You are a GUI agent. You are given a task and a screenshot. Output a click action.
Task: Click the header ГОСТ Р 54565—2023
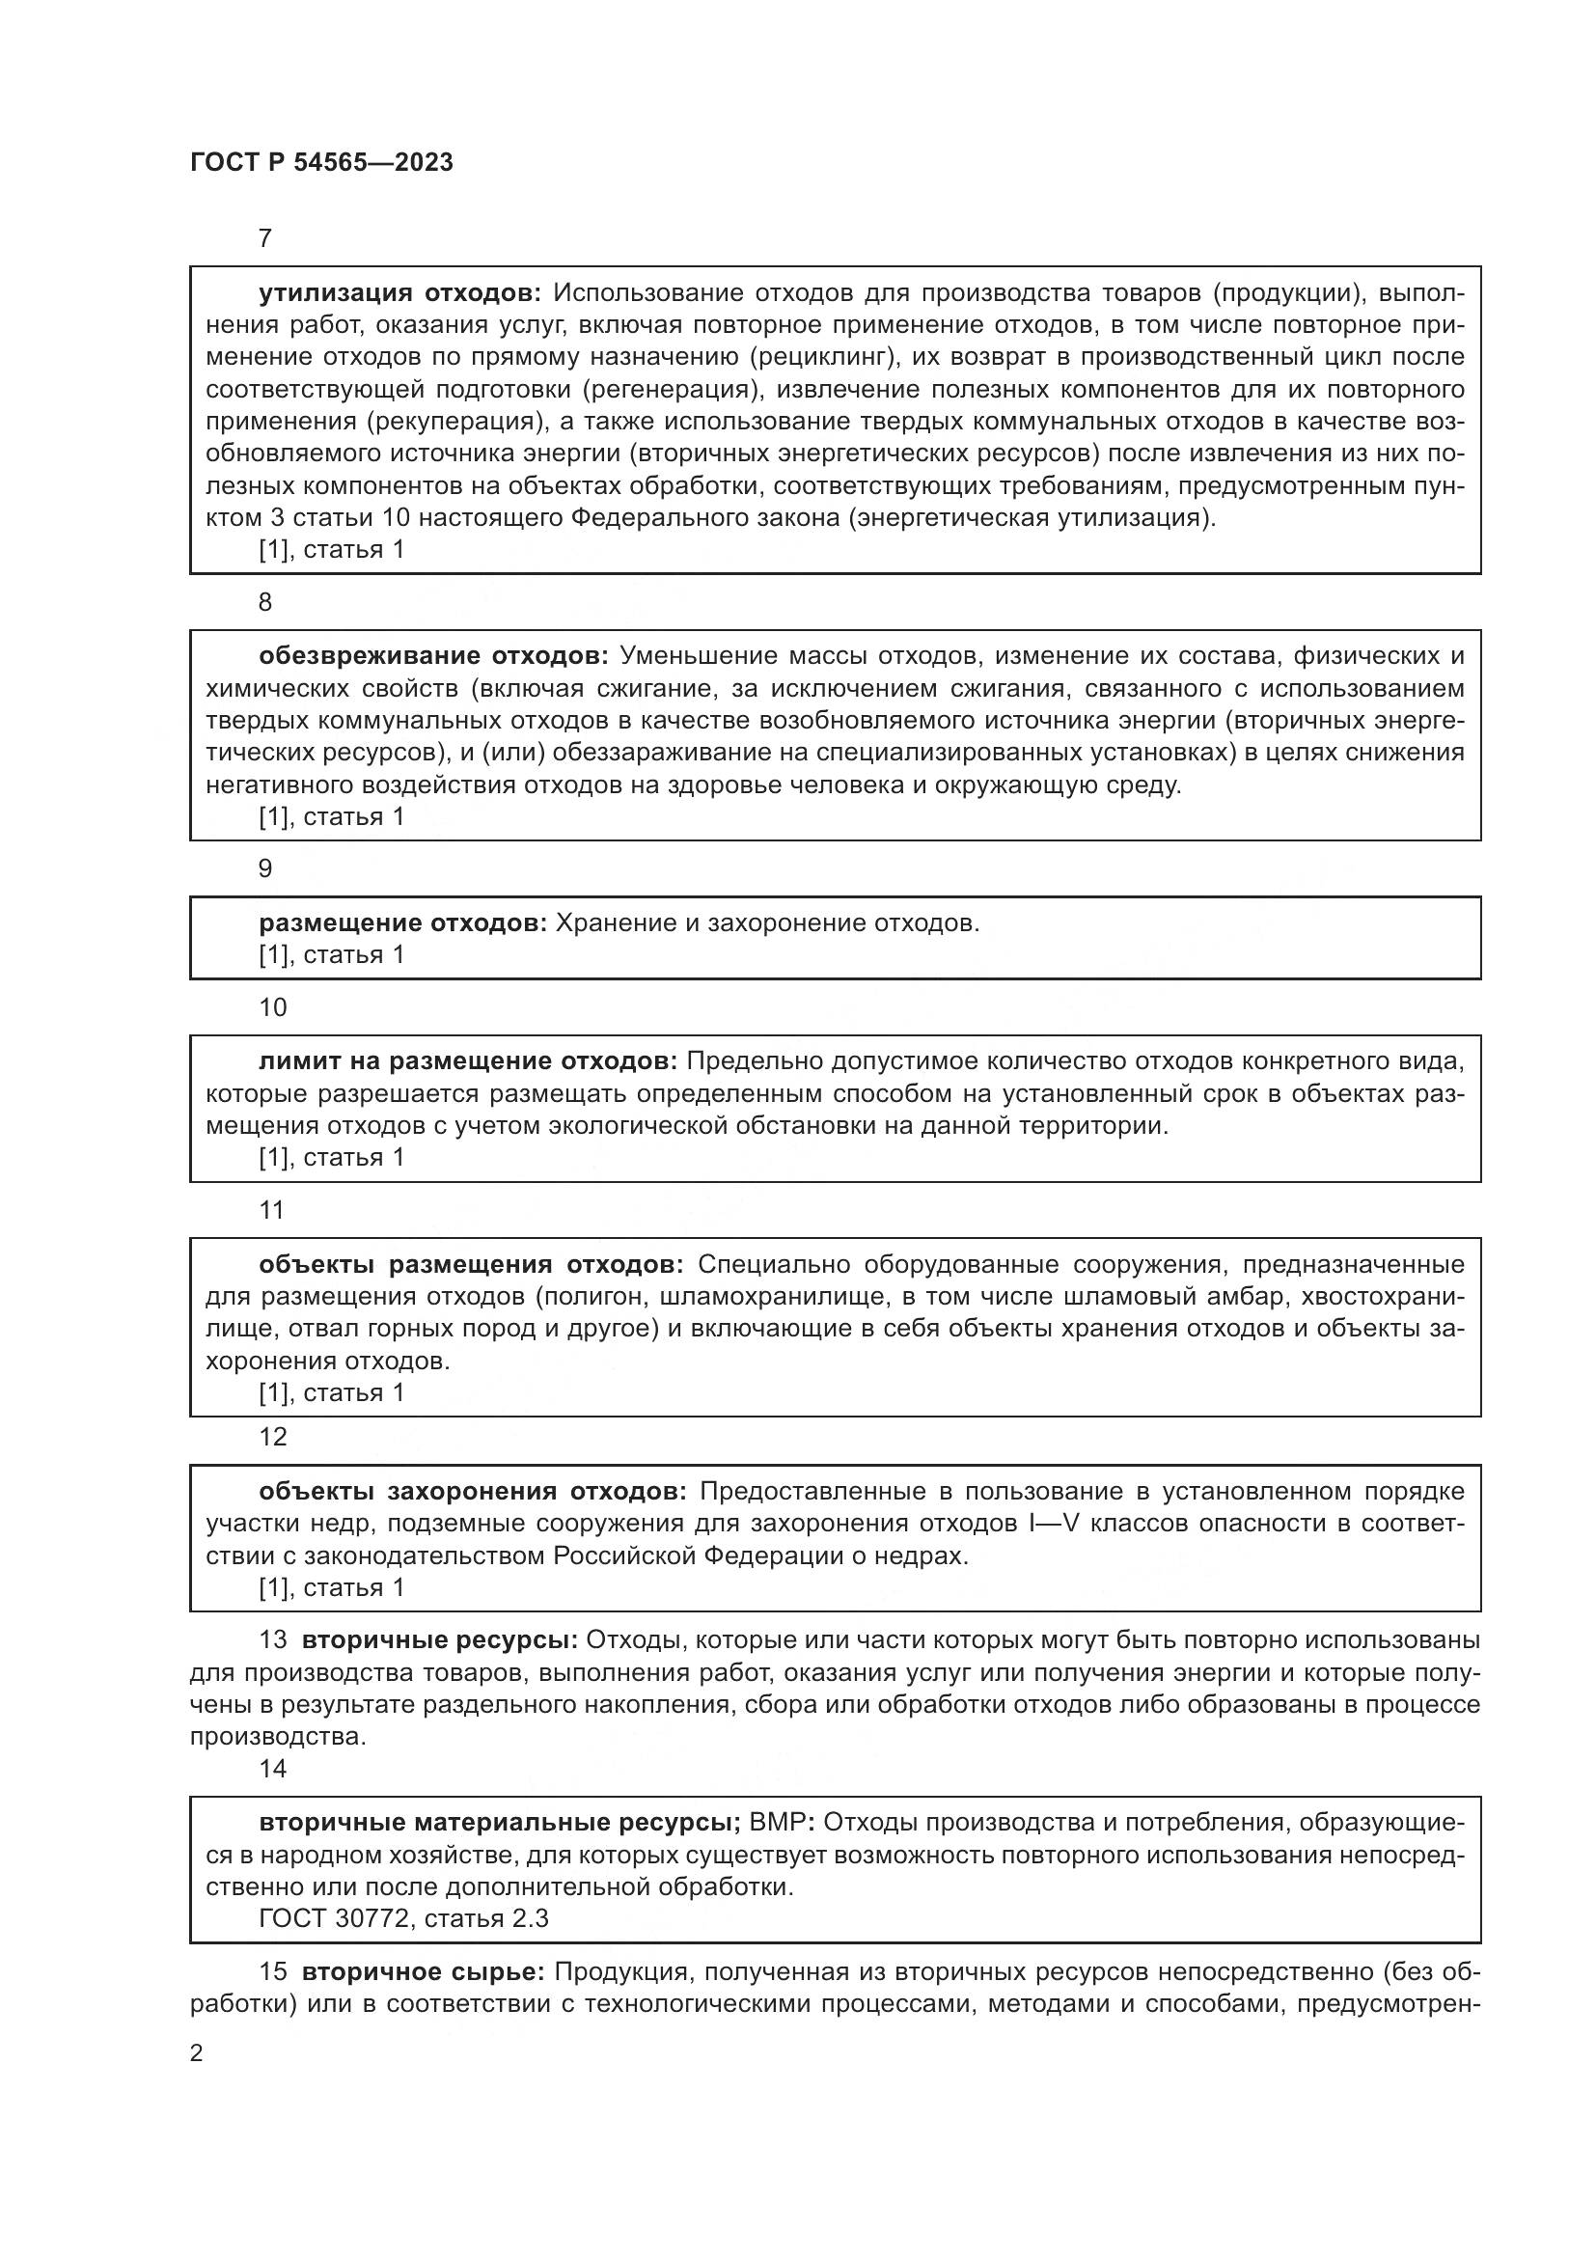321,162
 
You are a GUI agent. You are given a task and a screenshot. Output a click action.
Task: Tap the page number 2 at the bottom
197,2053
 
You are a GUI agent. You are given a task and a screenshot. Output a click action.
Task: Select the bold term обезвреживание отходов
433,655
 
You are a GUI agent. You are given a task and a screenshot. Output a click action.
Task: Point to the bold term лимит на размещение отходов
468,1061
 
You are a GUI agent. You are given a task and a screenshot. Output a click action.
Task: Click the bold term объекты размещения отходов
471,1264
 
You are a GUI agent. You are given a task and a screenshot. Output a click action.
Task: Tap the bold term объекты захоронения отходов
473,1491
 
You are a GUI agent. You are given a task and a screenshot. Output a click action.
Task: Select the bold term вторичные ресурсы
439,1639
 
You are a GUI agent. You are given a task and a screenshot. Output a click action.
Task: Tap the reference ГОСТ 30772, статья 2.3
403,1918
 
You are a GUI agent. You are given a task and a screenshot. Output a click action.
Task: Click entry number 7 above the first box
264,238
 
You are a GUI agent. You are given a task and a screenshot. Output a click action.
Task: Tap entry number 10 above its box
272,1006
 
